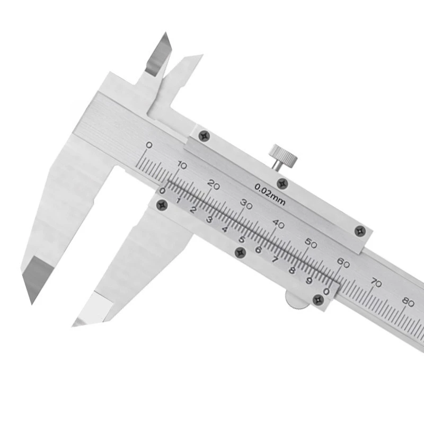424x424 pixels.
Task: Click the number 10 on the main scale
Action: (x=182, y=165)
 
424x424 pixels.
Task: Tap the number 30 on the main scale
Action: (x=246, y=203)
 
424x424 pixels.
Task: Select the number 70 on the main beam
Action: (x=376, y=283)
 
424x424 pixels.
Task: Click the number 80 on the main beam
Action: (x=408, y=302)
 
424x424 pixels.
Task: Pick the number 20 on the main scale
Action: (x=214, y=185)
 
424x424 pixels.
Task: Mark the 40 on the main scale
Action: (x=278, y=223)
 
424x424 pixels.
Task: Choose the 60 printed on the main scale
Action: (x=343, y=263)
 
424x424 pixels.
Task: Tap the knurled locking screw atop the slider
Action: (x=282, y=155)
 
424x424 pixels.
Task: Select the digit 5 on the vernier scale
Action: (x=241, y=240)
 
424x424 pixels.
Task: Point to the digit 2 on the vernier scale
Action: (x=193, y=209)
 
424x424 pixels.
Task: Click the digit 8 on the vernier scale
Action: (x=291, y=270)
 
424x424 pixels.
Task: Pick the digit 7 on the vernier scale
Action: (x=275, y=260)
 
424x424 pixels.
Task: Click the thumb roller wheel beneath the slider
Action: (x=295, y=299)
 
